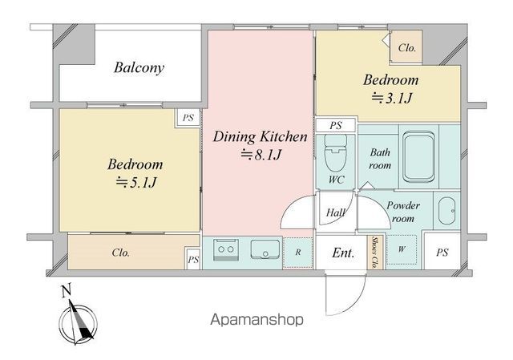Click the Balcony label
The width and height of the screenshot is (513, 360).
(x=139, y=68)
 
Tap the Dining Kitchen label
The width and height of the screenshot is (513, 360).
(x=260, y=137)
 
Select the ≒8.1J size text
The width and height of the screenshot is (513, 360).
(x=261, y=155)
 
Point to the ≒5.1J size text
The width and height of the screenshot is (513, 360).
(x=135, y=182)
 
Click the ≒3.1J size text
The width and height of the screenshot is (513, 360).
(x=391, y=98)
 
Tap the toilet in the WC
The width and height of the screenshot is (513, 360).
(x=335, y=153)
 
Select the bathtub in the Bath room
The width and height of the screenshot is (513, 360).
(x=418, y=157)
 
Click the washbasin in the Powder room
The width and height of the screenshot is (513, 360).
(x=446, y=211)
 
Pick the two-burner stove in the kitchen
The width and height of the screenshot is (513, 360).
(x=226, y=249)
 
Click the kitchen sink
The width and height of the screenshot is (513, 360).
(x=265, y=249)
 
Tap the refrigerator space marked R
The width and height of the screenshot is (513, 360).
(x=297, y=253)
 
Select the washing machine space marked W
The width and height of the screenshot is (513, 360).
(x=402, y=249)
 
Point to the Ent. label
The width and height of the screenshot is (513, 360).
(x=343, y=253)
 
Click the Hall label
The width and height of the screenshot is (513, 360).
(x=335, y=213)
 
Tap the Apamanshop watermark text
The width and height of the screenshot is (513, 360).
(x=256, y=319)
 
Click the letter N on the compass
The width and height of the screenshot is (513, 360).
(x=67, y=291)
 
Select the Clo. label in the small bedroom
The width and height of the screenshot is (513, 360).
(x=406, y=48)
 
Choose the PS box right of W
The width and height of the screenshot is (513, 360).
(x=442, y=250)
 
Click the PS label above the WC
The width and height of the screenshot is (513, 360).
(x=336, y=125)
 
